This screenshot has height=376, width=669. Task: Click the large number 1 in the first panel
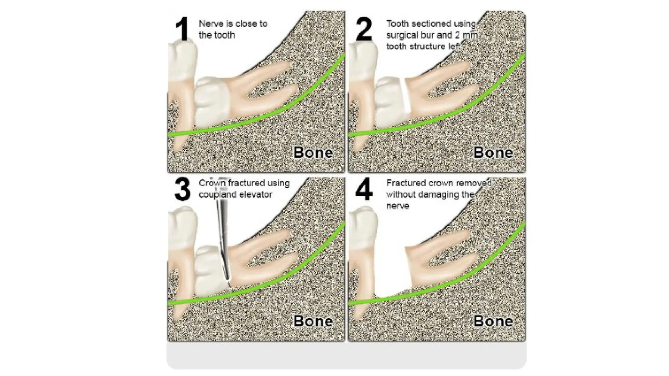pyautogui.click(x=182, y=30)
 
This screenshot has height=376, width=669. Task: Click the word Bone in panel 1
pyautogui.click(x=313, y=153)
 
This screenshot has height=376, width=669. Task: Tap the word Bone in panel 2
pyautogui.click(x=493, y=153)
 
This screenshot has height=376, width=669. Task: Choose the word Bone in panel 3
pyautogui.click(x=313, y=321)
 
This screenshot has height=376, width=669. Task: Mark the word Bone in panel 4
pyautogui.click(x=493, y=321)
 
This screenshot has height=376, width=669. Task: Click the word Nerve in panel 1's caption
pyautogui.click(x=211, y=24)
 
